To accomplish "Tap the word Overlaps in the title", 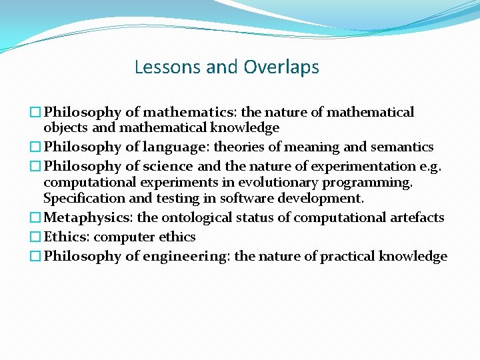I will pos(281,67).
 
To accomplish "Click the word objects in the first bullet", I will pos(64,127).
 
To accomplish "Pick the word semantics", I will pos(404,147).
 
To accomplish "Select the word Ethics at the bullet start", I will pos(66,237).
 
